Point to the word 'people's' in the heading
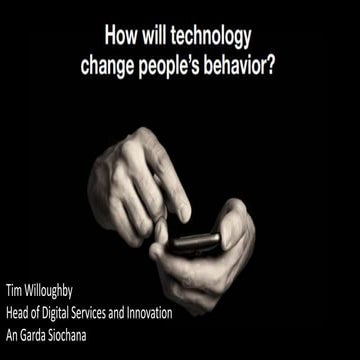(x=167, y=65)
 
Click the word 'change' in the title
(x=108, y=65)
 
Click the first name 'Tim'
(x=17, y=297)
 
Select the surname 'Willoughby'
(x=62, y=297)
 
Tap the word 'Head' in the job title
(x=20, y=315)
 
